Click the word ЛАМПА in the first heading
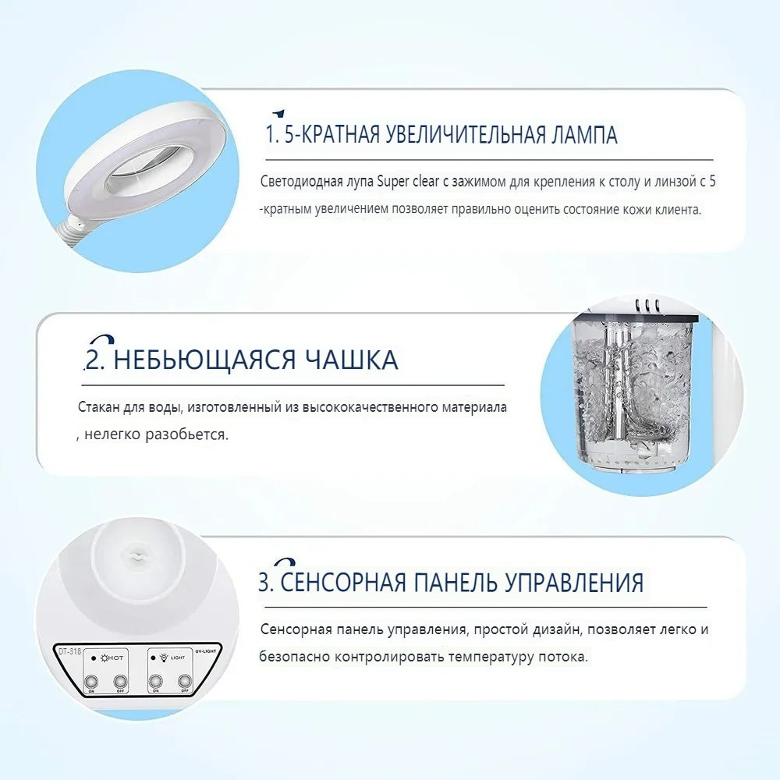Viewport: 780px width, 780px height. (584, 135)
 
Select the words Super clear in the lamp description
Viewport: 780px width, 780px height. (408, 182)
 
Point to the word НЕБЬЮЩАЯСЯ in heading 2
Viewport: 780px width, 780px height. (205, 360)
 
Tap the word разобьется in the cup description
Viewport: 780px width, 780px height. (186, 434)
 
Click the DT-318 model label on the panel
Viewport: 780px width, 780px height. (69, 651)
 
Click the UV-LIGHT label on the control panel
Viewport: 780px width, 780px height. (205, 651)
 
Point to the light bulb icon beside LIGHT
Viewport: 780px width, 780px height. (163, 658)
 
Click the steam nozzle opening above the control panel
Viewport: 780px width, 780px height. (134, 554)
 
